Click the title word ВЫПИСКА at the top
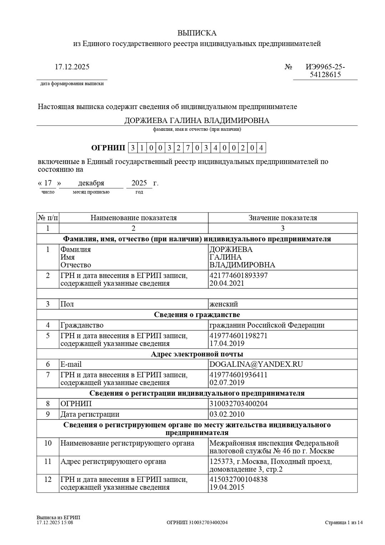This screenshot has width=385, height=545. pyautogui.click(x=197, y=33)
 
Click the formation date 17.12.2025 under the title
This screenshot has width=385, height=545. pyautogui.click(x=72, y=67)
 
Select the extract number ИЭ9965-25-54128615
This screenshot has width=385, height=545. pyautogui.click(x=325, y=71)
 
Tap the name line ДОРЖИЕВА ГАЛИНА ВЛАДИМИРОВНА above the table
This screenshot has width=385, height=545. pyautogui.click(x=197, y=120)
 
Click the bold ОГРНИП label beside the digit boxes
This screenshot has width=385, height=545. pyautogui.click(x=108, y=148)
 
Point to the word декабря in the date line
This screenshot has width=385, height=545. pyautogui.click(x=91, y=183)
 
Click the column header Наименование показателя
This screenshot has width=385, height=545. pyautogui.click(x=133, y=218)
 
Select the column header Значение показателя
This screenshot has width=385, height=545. pyautogui.click(x=283, y=218)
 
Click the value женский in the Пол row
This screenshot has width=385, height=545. pyautogui.click(x=224, y=304)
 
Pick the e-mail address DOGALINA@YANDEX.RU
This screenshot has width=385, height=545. pyautogui.click(x=256, y=364)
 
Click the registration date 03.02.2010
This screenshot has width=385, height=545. pyautogui.click(x=227, y=414)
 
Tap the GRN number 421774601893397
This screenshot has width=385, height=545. pyautogui.click(x=238, y=276)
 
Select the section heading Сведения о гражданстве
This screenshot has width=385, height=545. pyautogui.click(x=197, y=314)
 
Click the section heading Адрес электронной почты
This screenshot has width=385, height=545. pyautogui.click(x=197, y=354)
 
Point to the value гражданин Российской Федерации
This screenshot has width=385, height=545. pyautogui.click(x=267, y=325)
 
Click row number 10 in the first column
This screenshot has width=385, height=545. pyautogui.click(x=48, y=443)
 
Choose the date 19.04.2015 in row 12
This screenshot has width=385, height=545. pyautogui.click(x=227, y=487)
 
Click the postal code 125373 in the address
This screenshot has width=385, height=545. pyautogui.click(x=220, y=462)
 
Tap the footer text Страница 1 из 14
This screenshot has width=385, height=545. pyautogui.click(x=344, y=523)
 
